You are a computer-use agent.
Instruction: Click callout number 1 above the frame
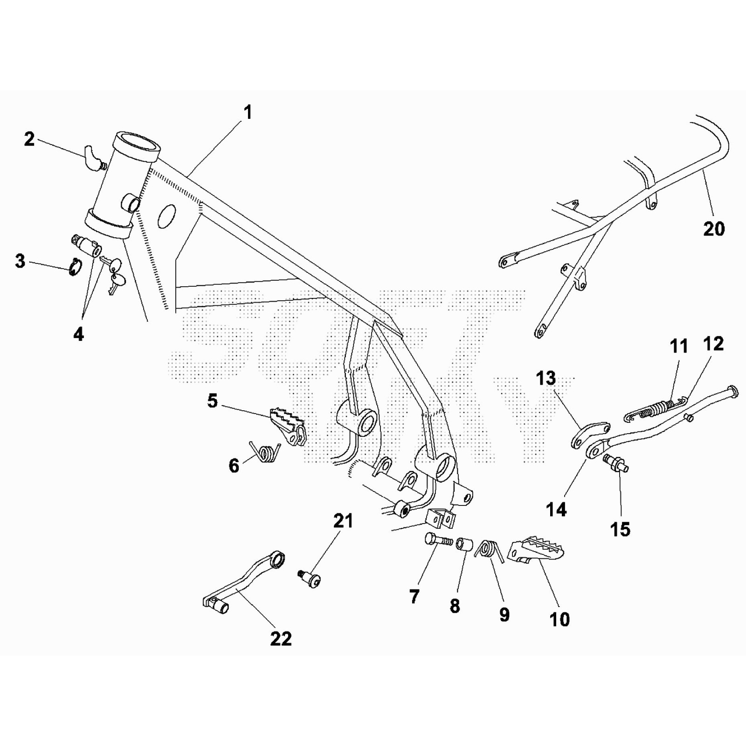[x=248, y=112]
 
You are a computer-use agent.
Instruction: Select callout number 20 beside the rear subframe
[x=713, y=229]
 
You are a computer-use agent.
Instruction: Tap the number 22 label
[x=281, y=638]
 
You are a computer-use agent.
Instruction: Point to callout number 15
[x=620, y=529]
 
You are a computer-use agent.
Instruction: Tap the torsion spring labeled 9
[x=488, y=550]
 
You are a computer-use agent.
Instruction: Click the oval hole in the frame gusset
[x=167, y=216]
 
